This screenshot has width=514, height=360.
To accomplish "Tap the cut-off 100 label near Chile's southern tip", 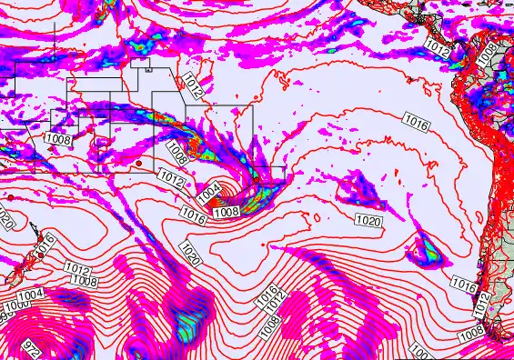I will coord(418,351).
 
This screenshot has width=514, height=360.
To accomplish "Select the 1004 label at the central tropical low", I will coord(208,192).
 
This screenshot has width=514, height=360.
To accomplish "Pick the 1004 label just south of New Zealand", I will coord(30,295).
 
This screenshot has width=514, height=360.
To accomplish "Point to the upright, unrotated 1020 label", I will coord(368,221).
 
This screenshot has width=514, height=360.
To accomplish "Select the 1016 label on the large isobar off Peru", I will coord(416,124).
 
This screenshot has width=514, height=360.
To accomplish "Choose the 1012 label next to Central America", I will coord(438,51).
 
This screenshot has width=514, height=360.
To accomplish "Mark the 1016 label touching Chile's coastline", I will coord(463,286).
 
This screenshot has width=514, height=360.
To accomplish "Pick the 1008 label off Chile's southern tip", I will coord(471,335).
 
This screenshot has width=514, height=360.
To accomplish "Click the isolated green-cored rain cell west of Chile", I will coord(424,246).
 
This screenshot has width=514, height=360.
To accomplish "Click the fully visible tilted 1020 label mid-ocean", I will coord(190,252).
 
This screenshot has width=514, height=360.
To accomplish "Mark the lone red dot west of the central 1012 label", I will coord(141,165).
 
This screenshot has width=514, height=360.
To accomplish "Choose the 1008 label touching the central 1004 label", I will coord(225,211).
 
